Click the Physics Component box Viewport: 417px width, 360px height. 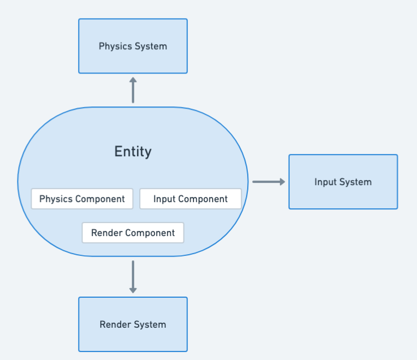click(82, 199)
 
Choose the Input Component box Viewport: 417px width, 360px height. click(191, 199)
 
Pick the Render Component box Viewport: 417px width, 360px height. click(133, 233)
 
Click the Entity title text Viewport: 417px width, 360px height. click(133, 152)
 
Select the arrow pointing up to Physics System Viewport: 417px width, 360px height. click(133, 90)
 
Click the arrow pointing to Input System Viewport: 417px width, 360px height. click(269, 182)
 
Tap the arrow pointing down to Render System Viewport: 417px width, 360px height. click(133, 277)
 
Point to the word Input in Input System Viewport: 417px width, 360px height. click(325, 182)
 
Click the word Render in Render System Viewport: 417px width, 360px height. click(113, 325)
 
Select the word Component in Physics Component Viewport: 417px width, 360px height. click(100, 199)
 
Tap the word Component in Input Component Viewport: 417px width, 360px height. click(204, 199)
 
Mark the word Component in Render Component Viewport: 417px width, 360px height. click(150, 233)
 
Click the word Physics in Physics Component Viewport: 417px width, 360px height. click(56, 199)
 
